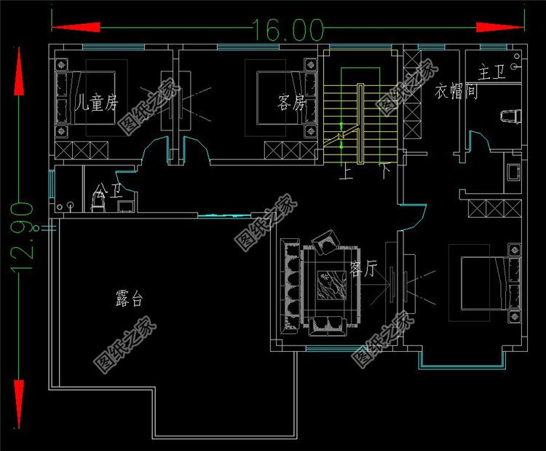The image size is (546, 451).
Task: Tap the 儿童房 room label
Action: pos(96,102)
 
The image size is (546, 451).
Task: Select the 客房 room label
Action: pos(290,102)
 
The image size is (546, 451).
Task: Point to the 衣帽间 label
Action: pos(456,93)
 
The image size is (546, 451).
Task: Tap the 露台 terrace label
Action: pos(129,298)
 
